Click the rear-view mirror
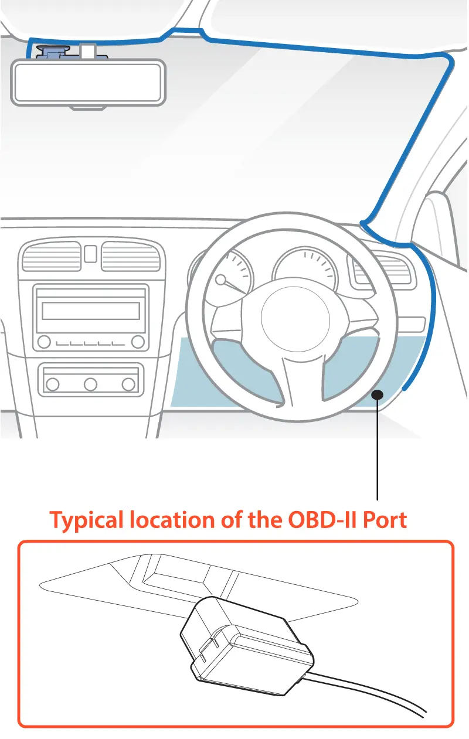[88, 83]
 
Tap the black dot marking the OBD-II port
[377, 394]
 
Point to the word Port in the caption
[385, 520]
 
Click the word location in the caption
[172, 520]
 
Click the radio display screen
[91, 311]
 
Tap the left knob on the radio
[44, 342]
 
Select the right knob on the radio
[138, 342]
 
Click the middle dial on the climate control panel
[90, 384]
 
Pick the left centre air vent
[52, 257]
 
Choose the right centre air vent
[131, 257]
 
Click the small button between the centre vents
[90, 253]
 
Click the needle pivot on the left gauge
[220, 280]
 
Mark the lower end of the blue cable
[404, 389]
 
